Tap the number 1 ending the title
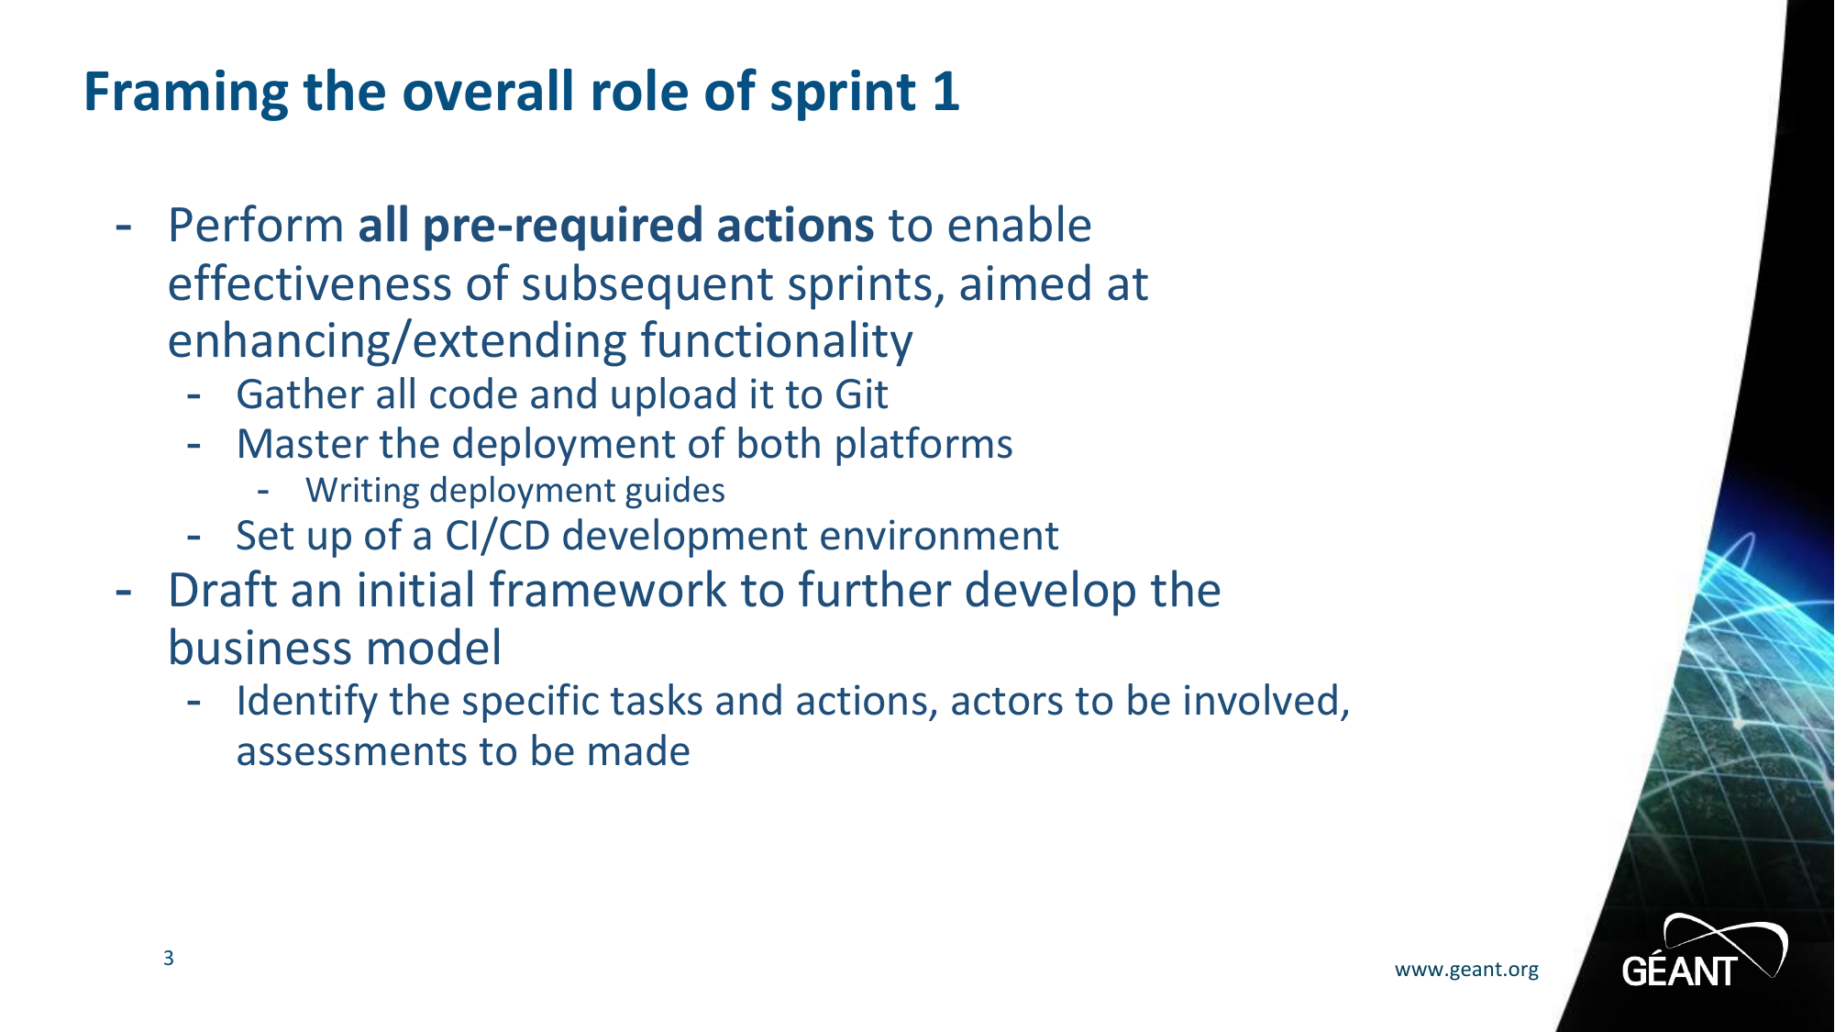pos(946,92)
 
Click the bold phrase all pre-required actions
pos(615,226)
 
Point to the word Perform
pos(256,226)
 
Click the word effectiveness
pos(310,283)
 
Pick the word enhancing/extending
pos(397,341)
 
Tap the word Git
pos(861,394)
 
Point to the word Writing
pos(362,492)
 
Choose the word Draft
pos(223,590)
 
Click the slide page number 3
pos(169,958)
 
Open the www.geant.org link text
pos(1466,970)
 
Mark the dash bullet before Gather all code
pos(193,396)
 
